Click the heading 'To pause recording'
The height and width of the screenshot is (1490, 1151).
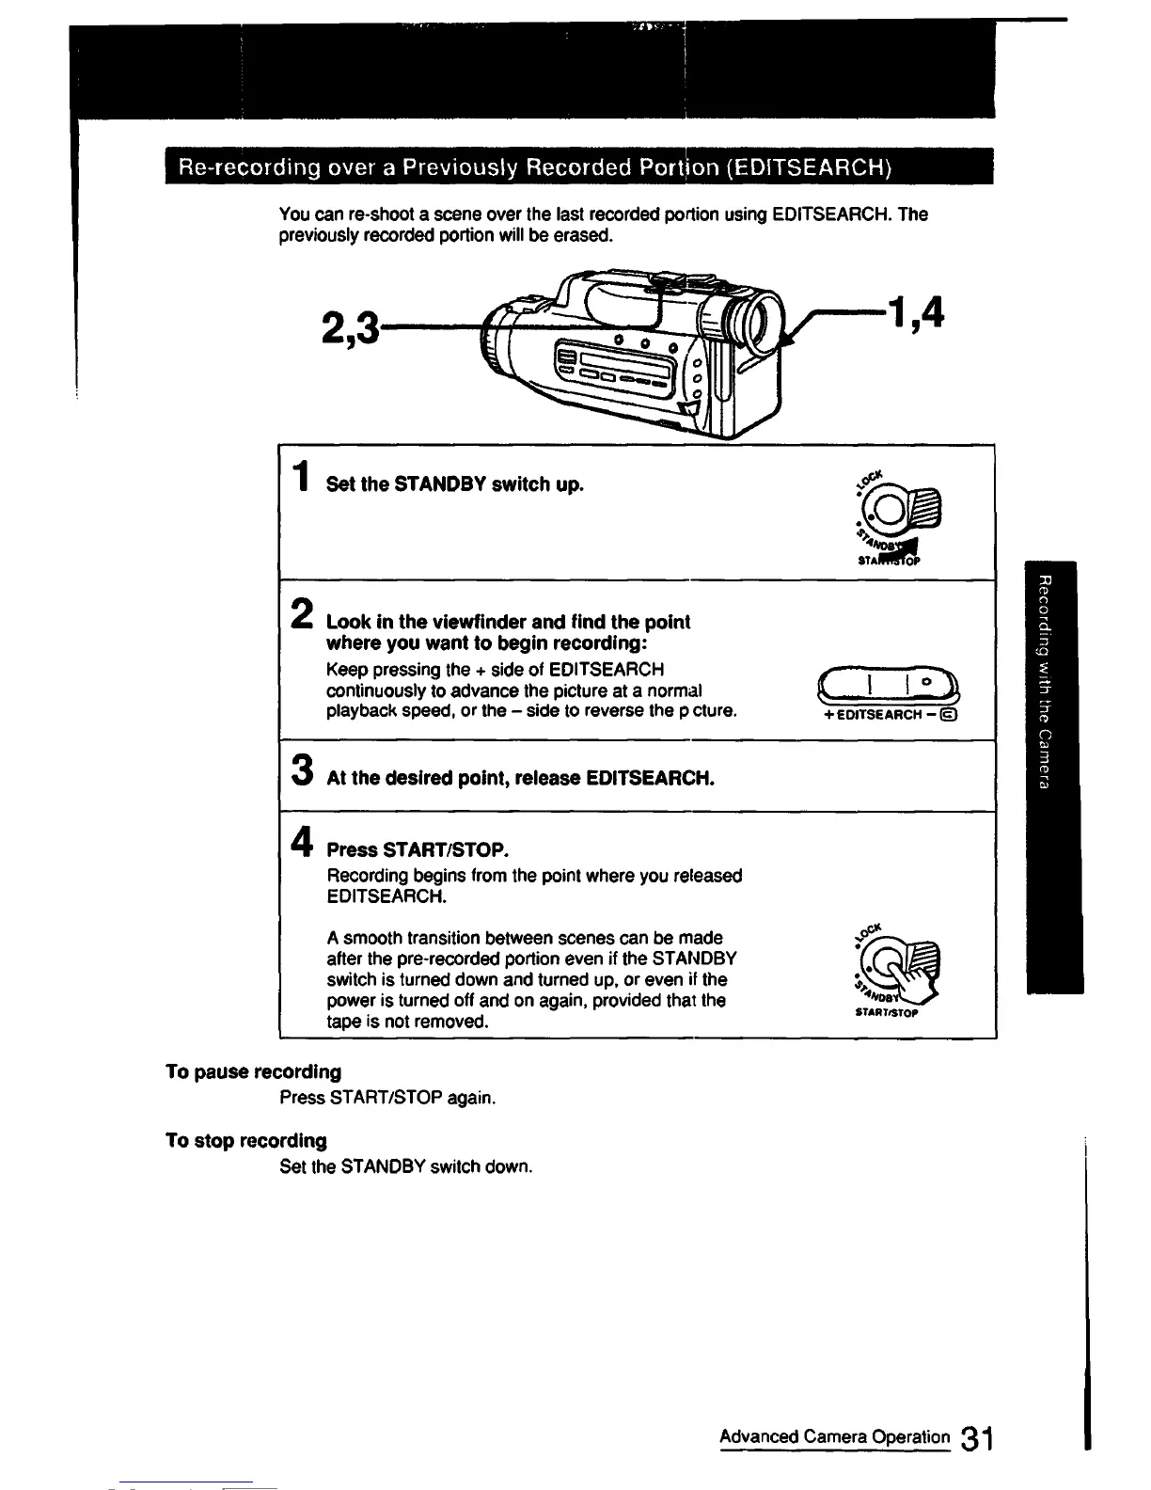click(253, 1072)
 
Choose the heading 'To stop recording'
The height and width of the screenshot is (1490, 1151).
click(246, 1141)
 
